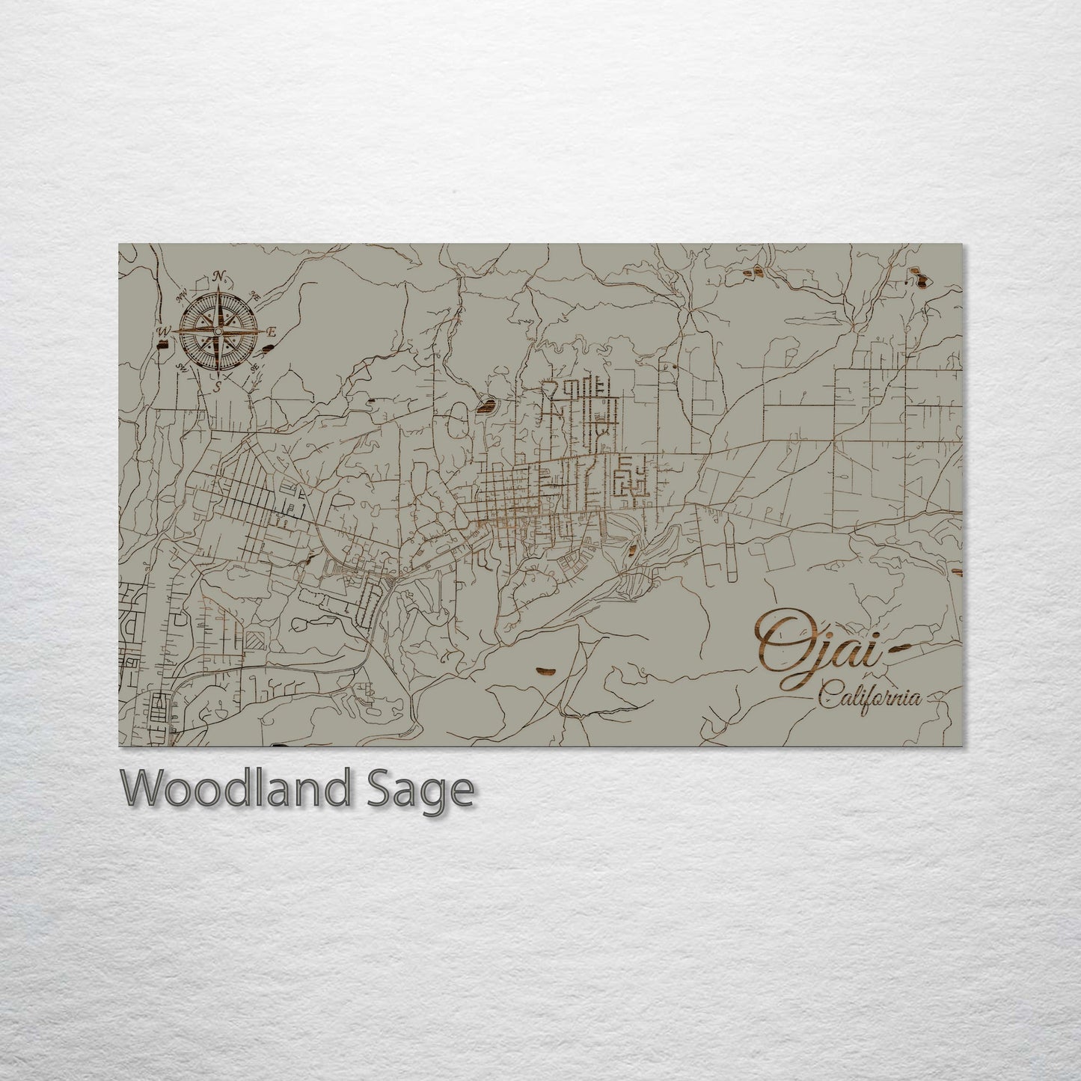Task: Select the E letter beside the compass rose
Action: click(272, 331)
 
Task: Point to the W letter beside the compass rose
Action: click(161, 331)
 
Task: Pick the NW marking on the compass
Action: click(182, 295)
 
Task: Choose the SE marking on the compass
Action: click(256, 367)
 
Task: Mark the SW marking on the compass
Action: click(182, 367)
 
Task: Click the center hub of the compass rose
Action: click(218, 331)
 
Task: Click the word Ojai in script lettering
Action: click(815, 649)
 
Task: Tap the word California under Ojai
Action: click(868, 698)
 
